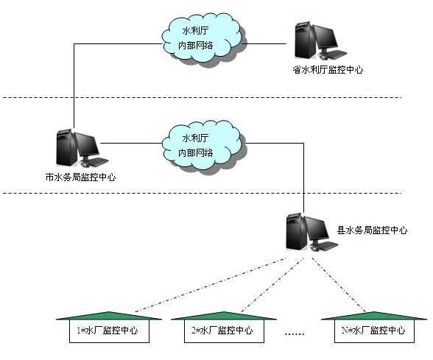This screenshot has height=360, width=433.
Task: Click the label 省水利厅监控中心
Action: coord(327,70)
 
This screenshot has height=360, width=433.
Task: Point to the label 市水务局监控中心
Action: coord(80,177)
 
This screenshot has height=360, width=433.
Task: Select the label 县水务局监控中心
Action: coord(372,230)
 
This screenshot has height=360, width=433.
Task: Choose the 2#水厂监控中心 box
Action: coord(222,331)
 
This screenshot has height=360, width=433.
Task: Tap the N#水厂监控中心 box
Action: coord(373,331)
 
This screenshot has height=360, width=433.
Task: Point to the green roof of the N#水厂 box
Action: coord(373,315)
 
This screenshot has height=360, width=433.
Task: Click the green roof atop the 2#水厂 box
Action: coord(222,315)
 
